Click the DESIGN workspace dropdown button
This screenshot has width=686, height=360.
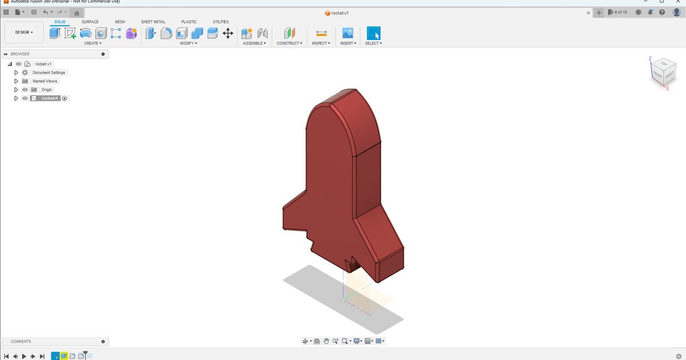pyautogui.click(x=23, y=33)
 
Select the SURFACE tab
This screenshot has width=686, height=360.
pyautogui.click(x=90, y=22)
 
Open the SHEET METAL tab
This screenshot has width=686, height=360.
pyautogui.click(x=153, y=22)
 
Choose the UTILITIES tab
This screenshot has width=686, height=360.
pyautogui.click(x=221, y=22)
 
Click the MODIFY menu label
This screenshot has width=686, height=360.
pyautogui.click(x=188, y=43)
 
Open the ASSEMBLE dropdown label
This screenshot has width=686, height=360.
pyautogui.click(x=254, y=43)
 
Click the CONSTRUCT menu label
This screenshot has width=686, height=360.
pyautogui.click(x=289, y=43)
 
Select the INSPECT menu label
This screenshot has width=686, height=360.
pyautogui.click(x=321, y=43)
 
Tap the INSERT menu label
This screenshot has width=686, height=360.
pyautogui.click(x=348, y=43)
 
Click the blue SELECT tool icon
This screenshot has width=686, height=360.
pyautogui.click(x=374, y=33)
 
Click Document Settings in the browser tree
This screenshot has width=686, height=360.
pyautogui.click(x=49, y=73)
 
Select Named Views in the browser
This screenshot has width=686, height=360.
pyautogui.click(x=45, y=81)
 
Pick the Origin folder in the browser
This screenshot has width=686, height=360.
pyautogui.click(x=46, y=90)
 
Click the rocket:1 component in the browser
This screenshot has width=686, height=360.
pyautogui.click(x=50, y=98)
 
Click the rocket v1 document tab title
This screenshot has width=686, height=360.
pyautogui.click(x=340, y=13)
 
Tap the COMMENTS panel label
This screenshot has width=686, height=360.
pyautogui.click(x=21, y=342)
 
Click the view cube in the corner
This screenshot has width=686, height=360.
pyautogui.click(x=663, y=71)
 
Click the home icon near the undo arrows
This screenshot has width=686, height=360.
pyautogui.click(x=76, y=13)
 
